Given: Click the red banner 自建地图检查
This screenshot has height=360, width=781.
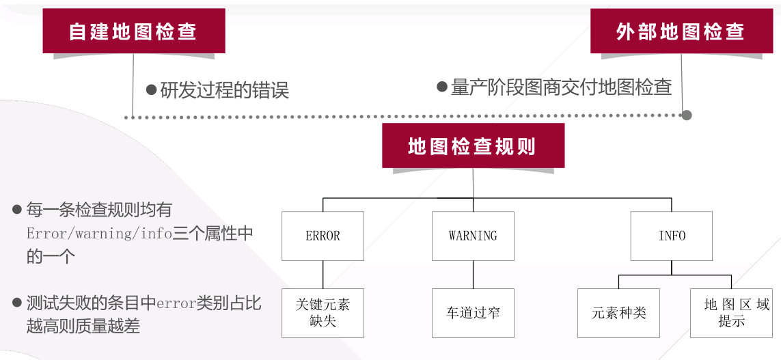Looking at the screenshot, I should pyautogui.click(x=134, y=31).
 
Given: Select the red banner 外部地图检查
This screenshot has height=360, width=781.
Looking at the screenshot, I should pyautogui.click(x=680, y=31).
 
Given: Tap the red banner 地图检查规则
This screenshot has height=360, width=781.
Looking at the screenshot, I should pyautogui.click(x=473, y=146).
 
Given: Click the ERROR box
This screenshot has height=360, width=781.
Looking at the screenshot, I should pyautogui.click(x=323, y=236).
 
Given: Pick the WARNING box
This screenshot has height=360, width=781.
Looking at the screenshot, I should pyautogui.click(x=473, y=236).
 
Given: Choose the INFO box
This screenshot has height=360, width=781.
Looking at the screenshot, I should pyautogui.click(x=672, y=236).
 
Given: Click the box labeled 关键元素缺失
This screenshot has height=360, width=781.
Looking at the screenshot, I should pyautogui.click(x=323, y=313).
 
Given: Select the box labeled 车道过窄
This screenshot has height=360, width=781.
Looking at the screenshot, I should pyautogui.click(x=473, y=313).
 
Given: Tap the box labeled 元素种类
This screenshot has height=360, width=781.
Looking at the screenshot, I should pyautogui.click(x=618, y=313).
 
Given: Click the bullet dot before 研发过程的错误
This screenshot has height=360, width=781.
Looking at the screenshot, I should pyautogui.click(x=152, y=89).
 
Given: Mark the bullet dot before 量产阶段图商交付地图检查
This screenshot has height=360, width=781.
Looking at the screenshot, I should pyautogui.click(x=442, y=87).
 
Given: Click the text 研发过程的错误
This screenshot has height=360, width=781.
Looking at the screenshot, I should pyautogui.click(x=225, y=89).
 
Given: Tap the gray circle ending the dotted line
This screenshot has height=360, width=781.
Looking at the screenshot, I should pyautogui.click(x=687, y=115).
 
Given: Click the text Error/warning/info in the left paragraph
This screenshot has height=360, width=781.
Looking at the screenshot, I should pyautogui.click(x=99, y=234).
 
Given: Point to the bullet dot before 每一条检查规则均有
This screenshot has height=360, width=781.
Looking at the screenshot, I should pyautogui.click(x=17, y=209).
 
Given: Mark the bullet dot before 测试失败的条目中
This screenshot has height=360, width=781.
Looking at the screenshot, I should pyautogui.click(x=17, y=303).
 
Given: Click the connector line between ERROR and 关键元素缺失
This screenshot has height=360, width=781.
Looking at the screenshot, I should pyautogui.click(x=323, y=274).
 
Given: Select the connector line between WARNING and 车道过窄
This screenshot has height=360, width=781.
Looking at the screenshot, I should pyautogui.click(x=473, y=274).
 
